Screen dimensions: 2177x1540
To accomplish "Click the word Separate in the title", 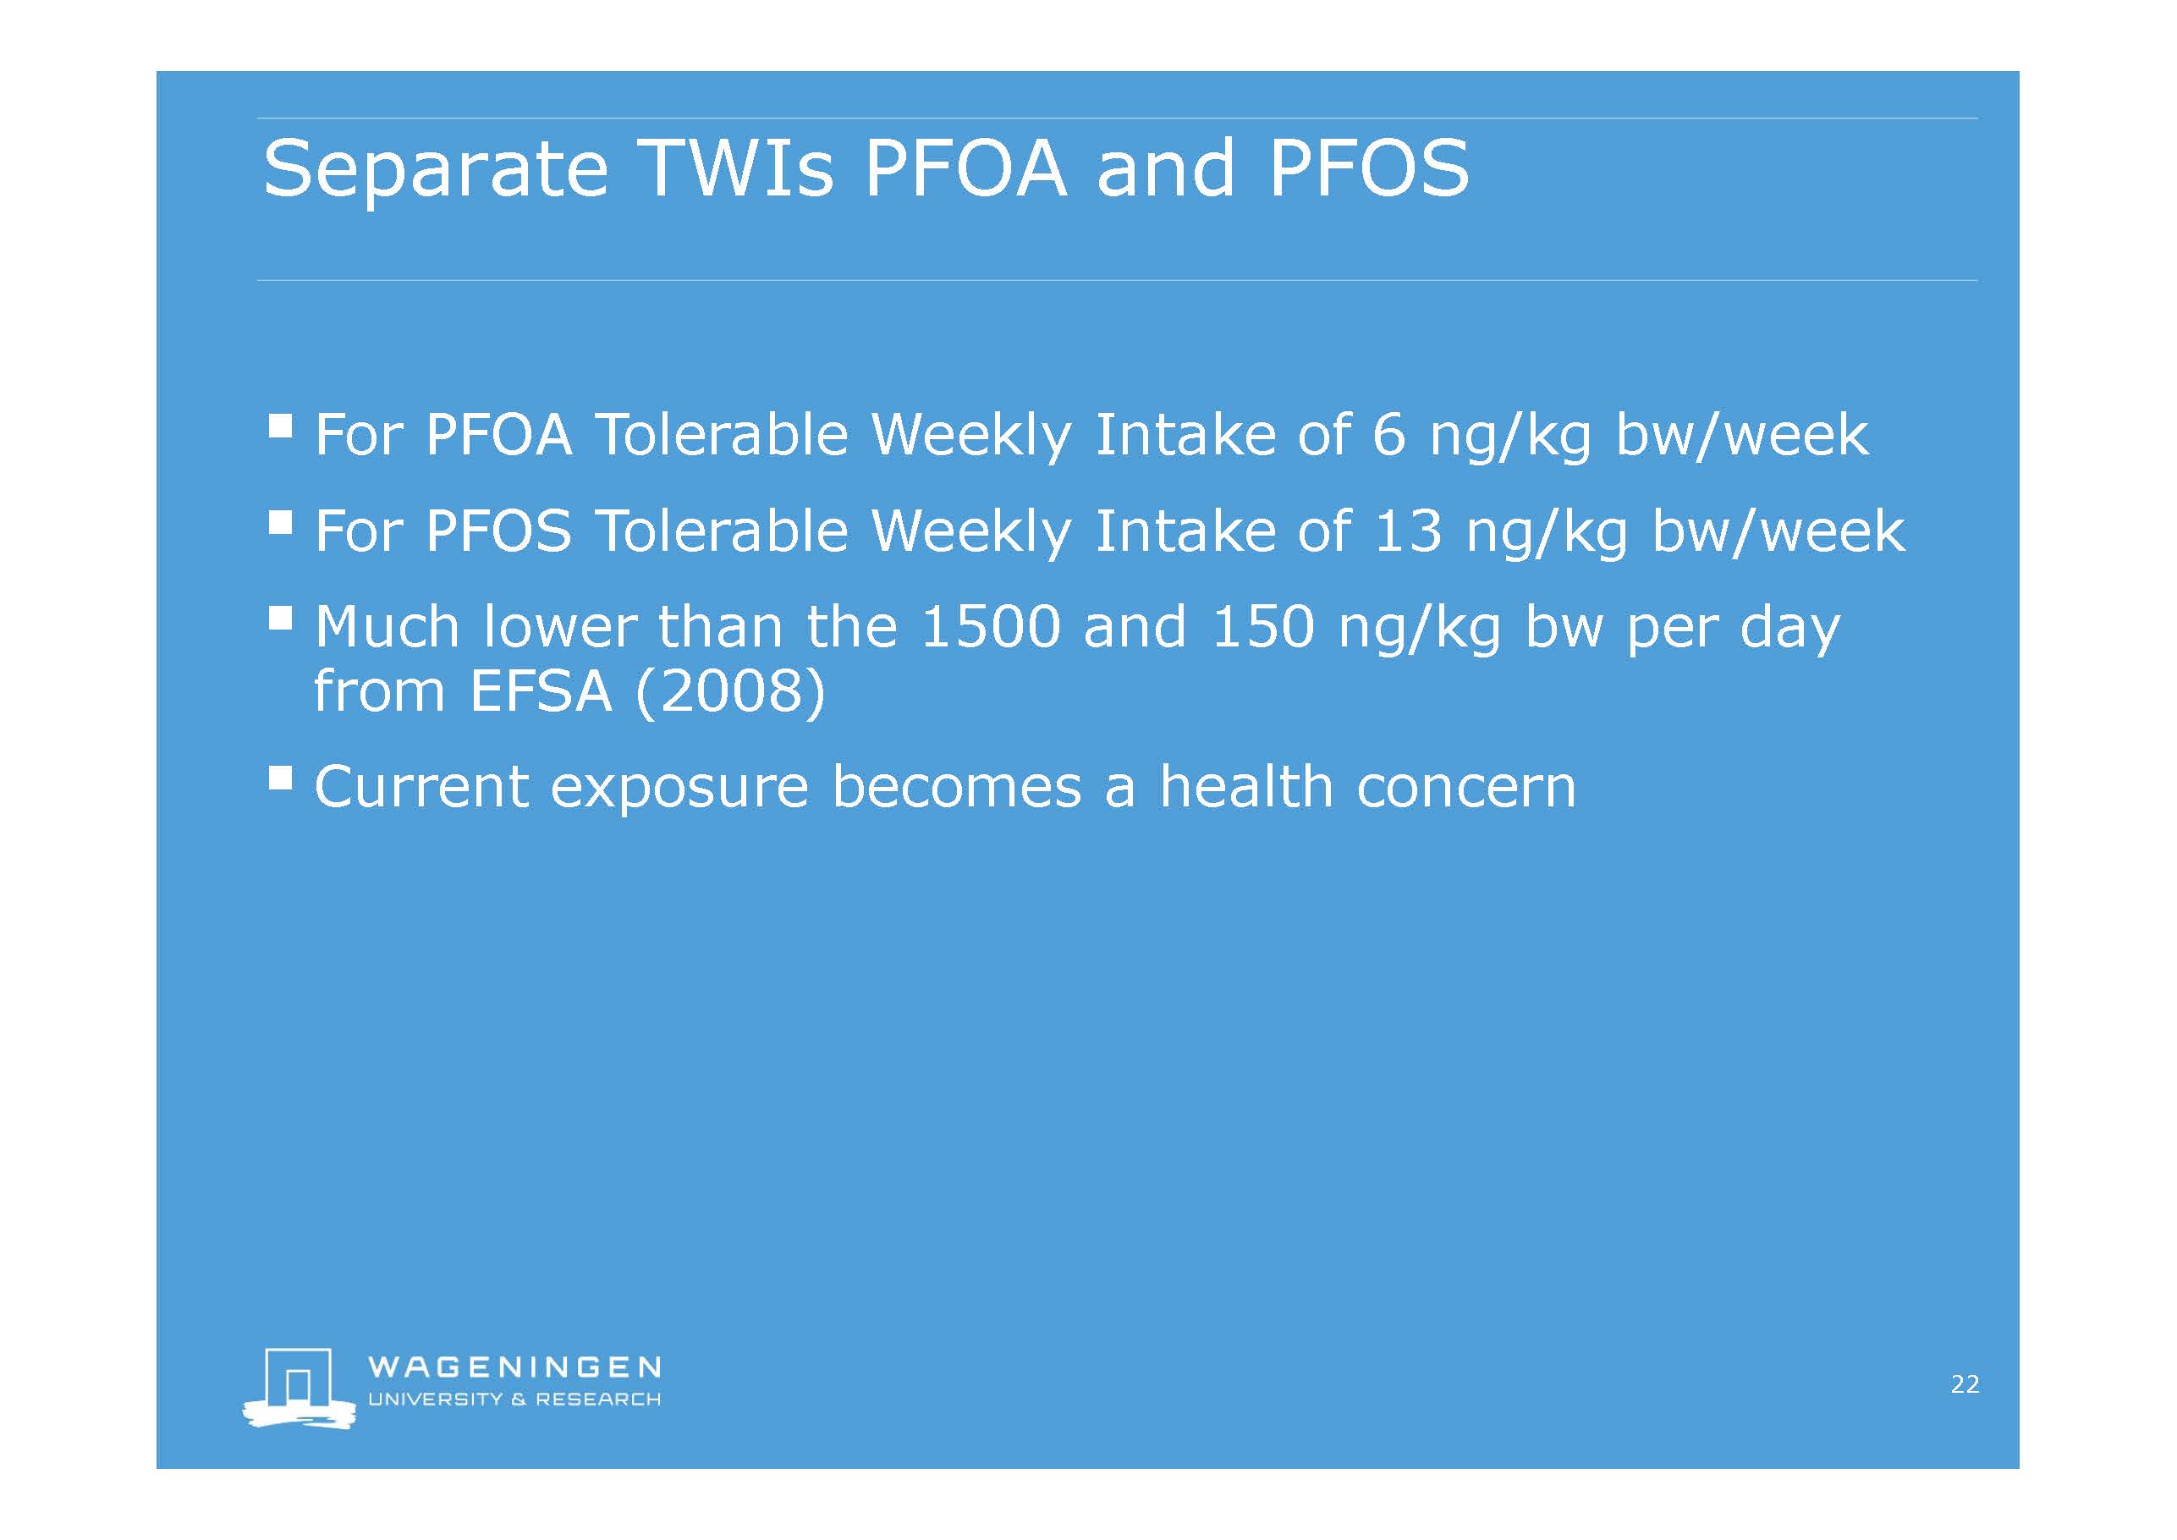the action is click(x=435, y=171).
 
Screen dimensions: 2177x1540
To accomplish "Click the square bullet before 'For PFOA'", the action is click(x=280, y=425).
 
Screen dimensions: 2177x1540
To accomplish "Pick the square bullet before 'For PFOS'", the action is click(x=280, y=521).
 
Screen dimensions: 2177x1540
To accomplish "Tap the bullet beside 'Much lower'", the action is click(x=280, y=619).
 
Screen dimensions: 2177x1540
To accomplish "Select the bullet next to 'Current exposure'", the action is click(x=280, y=778).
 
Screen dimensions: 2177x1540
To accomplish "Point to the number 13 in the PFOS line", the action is click(x=1409, y=531).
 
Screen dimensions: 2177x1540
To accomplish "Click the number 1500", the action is click(x=990, y=627).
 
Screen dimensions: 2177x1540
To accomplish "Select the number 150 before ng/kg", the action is click(x=1263, y=627).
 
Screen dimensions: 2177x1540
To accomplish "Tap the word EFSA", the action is click(x=541, y=691).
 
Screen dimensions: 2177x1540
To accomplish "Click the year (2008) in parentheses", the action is click(x=730, y=693).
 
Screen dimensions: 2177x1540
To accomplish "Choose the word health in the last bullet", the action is click(x=1246, y=786).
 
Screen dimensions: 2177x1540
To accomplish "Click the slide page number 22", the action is click(x=1965, y=1384).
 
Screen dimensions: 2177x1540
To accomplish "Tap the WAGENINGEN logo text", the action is click(x=514, y=1367).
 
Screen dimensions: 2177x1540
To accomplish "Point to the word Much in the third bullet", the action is click(x=387, y=627).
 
